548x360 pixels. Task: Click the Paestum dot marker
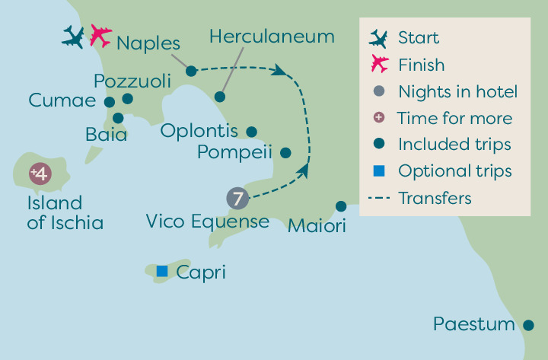pyautogui.click(x=528, y=325)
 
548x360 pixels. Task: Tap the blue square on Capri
pyautogui.click(x=162, y=271)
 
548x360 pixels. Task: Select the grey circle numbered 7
pyautogui.click(x=237, y=199)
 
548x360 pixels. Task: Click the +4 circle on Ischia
pyautogui.click(x=40, y=174)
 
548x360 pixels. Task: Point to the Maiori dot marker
pyautogui.click(x=341, y=206)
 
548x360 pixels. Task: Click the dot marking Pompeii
pyautogui.click(x=285, y=153)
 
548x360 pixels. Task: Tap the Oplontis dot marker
pyautogui.click(x=252, y=132)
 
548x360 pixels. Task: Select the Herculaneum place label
pyautogui.click(x=272, y=37)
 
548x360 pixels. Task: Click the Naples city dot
pyautogui.click(x=191, y=71)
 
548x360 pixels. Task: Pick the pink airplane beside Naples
pyautogui.click(x=100, y=36)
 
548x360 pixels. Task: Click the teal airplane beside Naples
pyautogui.click(x=73, y=37)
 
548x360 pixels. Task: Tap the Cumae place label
pyautogui.click(x=62, y=100)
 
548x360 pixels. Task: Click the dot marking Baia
pyautogui.click(x=118, y=118)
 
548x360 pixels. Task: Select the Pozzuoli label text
pyautogui.click(x=132, y=81)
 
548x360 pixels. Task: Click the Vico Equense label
pyautogui.click(x=208, y=222)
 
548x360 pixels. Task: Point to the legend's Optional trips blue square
pyautogui.click(x=379, y=171)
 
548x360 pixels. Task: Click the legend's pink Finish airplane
pyautogui.click(x=380, y=64)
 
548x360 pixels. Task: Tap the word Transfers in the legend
pyautogui.click(x=435, y=198)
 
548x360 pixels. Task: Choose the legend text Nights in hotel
pyautogui.click(x=458, y=92)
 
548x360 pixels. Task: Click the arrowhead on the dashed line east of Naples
pyautogui.click(x=279, y=70)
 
